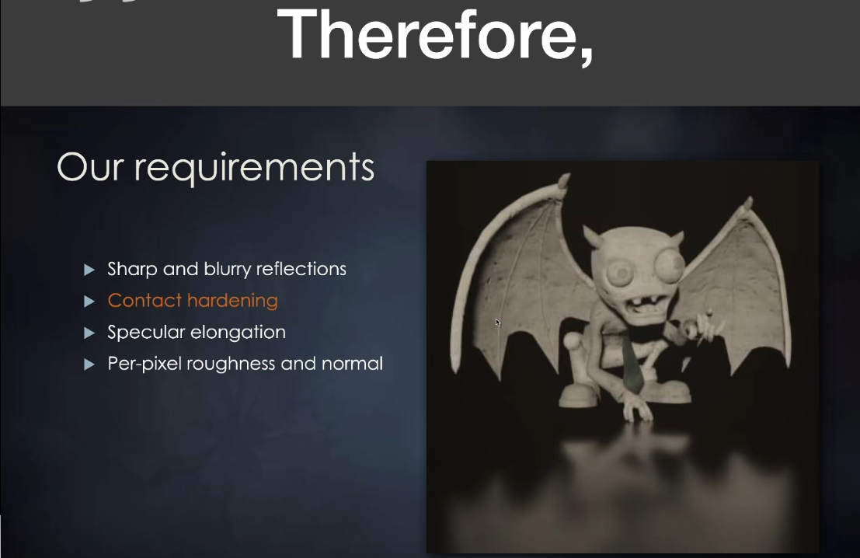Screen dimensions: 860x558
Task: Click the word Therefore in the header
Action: pos(425,34)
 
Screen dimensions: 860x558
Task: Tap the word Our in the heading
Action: pos(90,167)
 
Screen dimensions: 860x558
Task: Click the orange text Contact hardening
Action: pos(193,301)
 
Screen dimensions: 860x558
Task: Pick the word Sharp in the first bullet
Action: pos(131,270)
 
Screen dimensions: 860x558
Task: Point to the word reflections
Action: pos(301,269)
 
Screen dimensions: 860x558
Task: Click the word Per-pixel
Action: pos(144,364)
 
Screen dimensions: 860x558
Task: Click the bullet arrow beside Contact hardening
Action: pos(89,302)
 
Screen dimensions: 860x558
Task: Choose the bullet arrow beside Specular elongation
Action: pos(89,333)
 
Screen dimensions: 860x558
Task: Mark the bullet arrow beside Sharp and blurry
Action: pos(89,270)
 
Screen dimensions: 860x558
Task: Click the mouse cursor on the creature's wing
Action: pos(497,322)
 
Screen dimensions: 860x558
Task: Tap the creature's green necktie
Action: pos(633,364)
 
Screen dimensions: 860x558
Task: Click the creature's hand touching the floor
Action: pos(639,410)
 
